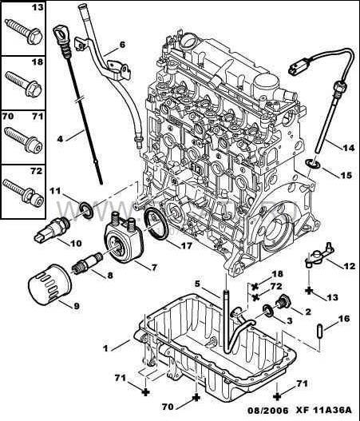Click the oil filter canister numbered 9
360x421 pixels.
[x=49, y=284]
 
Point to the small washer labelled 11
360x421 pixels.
[x=86, y=210]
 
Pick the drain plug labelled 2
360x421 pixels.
[x=282, y=303]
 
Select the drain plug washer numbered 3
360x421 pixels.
[x=268, y=311]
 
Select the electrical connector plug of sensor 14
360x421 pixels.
[x=299, y=67]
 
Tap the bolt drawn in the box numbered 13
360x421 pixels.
[x=24, y=32]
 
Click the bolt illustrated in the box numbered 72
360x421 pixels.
[x=24, y=193]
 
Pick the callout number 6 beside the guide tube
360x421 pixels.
[x=122, y=44]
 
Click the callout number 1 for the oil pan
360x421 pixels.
[x=105, y=348]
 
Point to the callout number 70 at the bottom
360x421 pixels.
[x=168, y=407]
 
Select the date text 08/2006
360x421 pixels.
[x=267, y=411]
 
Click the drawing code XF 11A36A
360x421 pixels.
[x=323, y=411]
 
